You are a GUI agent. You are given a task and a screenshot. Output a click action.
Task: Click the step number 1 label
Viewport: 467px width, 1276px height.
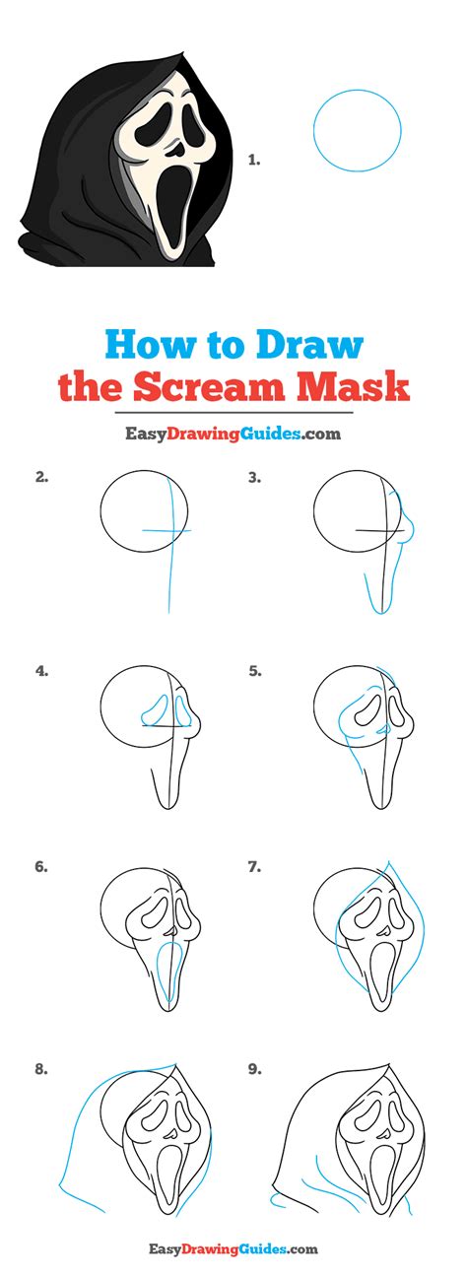click(254, 162)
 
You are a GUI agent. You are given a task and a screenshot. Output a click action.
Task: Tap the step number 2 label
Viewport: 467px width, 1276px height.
click(41, 477)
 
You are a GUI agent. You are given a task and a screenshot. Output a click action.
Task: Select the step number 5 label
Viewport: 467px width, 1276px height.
click(254, 672)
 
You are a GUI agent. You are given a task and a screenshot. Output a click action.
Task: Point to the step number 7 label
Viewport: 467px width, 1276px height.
click(254, 867)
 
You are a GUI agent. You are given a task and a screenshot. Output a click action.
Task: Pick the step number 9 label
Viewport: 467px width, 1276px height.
click(254, 1069)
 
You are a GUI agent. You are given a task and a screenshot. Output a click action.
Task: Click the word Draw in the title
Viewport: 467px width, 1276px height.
click(309, 344)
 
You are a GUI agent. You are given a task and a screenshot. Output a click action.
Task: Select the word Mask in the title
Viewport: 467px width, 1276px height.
click(353, 387)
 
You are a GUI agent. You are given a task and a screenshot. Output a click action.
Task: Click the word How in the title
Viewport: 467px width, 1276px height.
click(150, 344)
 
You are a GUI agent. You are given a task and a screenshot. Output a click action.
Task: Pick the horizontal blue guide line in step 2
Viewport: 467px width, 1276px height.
click(166, 531)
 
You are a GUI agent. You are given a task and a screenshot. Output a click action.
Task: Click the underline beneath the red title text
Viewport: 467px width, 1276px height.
click(233, 412)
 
